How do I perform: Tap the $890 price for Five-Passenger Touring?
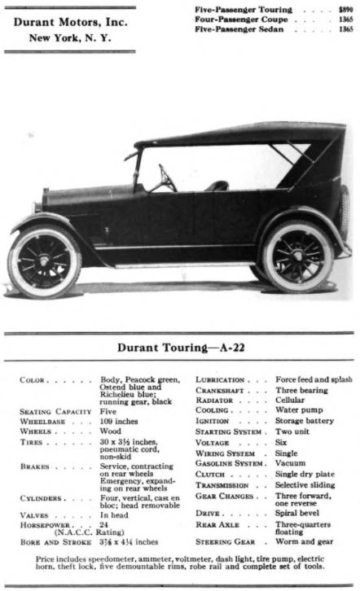[x=345, y=9]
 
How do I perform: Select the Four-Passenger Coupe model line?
[x=237, y=19]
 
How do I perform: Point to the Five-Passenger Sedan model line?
[x=235, y=28]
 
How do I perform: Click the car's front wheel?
[x=44, y=262]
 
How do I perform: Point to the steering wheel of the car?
[x=167, y=178]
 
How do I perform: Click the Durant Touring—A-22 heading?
[x=181, y=347]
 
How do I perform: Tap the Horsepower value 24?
[x=104, y=525]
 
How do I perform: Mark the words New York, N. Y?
[x=70, y=37]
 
